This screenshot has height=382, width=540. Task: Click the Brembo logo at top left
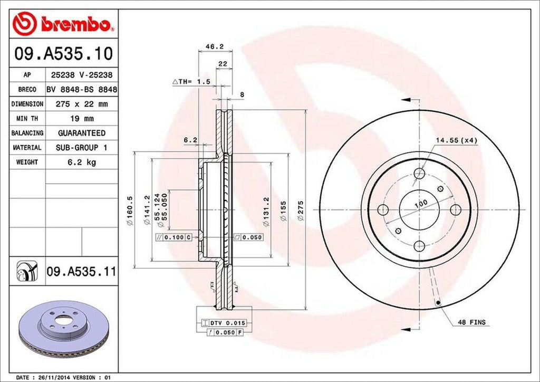63,24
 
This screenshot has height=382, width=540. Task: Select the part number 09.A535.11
81,272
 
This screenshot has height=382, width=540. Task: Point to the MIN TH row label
27,119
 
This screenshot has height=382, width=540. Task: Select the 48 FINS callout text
471,322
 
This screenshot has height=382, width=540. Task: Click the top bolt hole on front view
420,173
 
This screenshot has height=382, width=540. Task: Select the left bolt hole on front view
383,210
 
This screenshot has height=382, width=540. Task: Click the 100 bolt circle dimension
420,203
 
